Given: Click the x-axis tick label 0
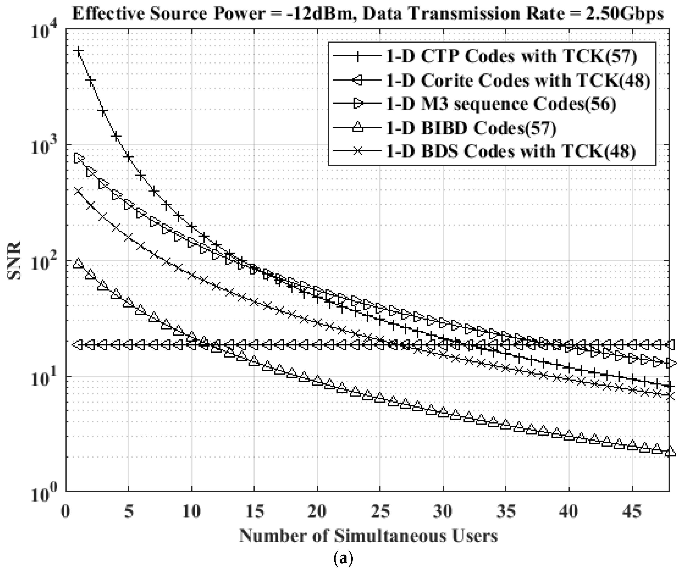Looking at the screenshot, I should click(x=67, y=512).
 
